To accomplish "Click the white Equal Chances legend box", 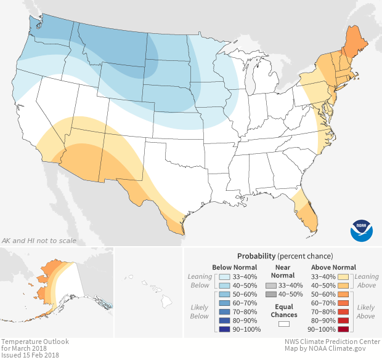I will pos(284,322).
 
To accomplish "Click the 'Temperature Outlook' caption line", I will pos(35,342).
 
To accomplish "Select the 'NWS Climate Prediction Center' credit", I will pos(331,342).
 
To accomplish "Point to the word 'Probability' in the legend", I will pos(256,255).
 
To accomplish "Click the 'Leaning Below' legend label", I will pos(200,281).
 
